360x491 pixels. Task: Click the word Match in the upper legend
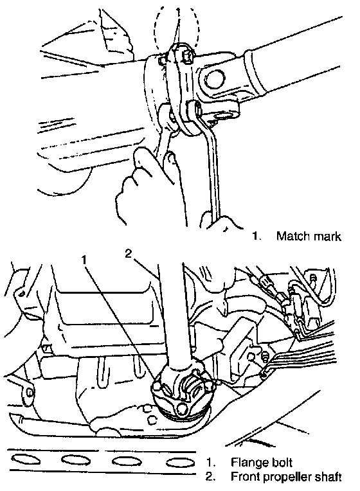(292, 236)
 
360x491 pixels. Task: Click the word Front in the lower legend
(245, 477)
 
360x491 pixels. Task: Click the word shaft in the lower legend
(329, 477)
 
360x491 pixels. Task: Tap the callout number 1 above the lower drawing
(84, 260)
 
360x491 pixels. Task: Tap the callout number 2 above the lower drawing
(129, 253)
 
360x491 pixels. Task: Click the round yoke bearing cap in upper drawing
(215, 78)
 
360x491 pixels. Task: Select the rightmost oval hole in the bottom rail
(180, 463)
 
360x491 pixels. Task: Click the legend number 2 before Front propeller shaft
(211, 477)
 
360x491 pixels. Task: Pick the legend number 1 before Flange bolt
(211, 463)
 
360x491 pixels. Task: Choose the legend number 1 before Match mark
(256, 236)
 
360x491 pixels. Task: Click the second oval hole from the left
(76, 460)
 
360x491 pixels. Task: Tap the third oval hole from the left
(127, 461)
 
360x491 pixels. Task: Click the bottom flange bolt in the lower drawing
(181, 409)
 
